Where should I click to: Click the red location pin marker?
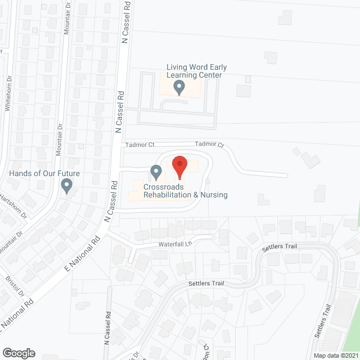(x=179, y=167)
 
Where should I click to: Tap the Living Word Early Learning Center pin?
(x=179, y=87)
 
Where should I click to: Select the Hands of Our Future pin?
(x=67, y=185)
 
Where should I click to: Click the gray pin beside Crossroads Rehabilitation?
(x=156, y=171)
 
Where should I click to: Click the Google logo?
(x=18, y=353)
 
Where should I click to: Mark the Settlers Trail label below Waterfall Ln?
(x=206, y=283)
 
